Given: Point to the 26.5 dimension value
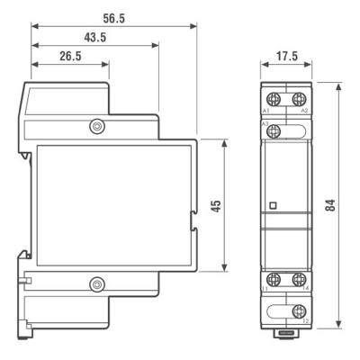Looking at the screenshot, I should [70, 57].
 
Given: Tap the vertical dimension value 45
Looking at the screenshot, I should [215, 205].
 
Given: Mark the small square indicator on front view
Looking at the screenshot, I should [273, 205].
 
